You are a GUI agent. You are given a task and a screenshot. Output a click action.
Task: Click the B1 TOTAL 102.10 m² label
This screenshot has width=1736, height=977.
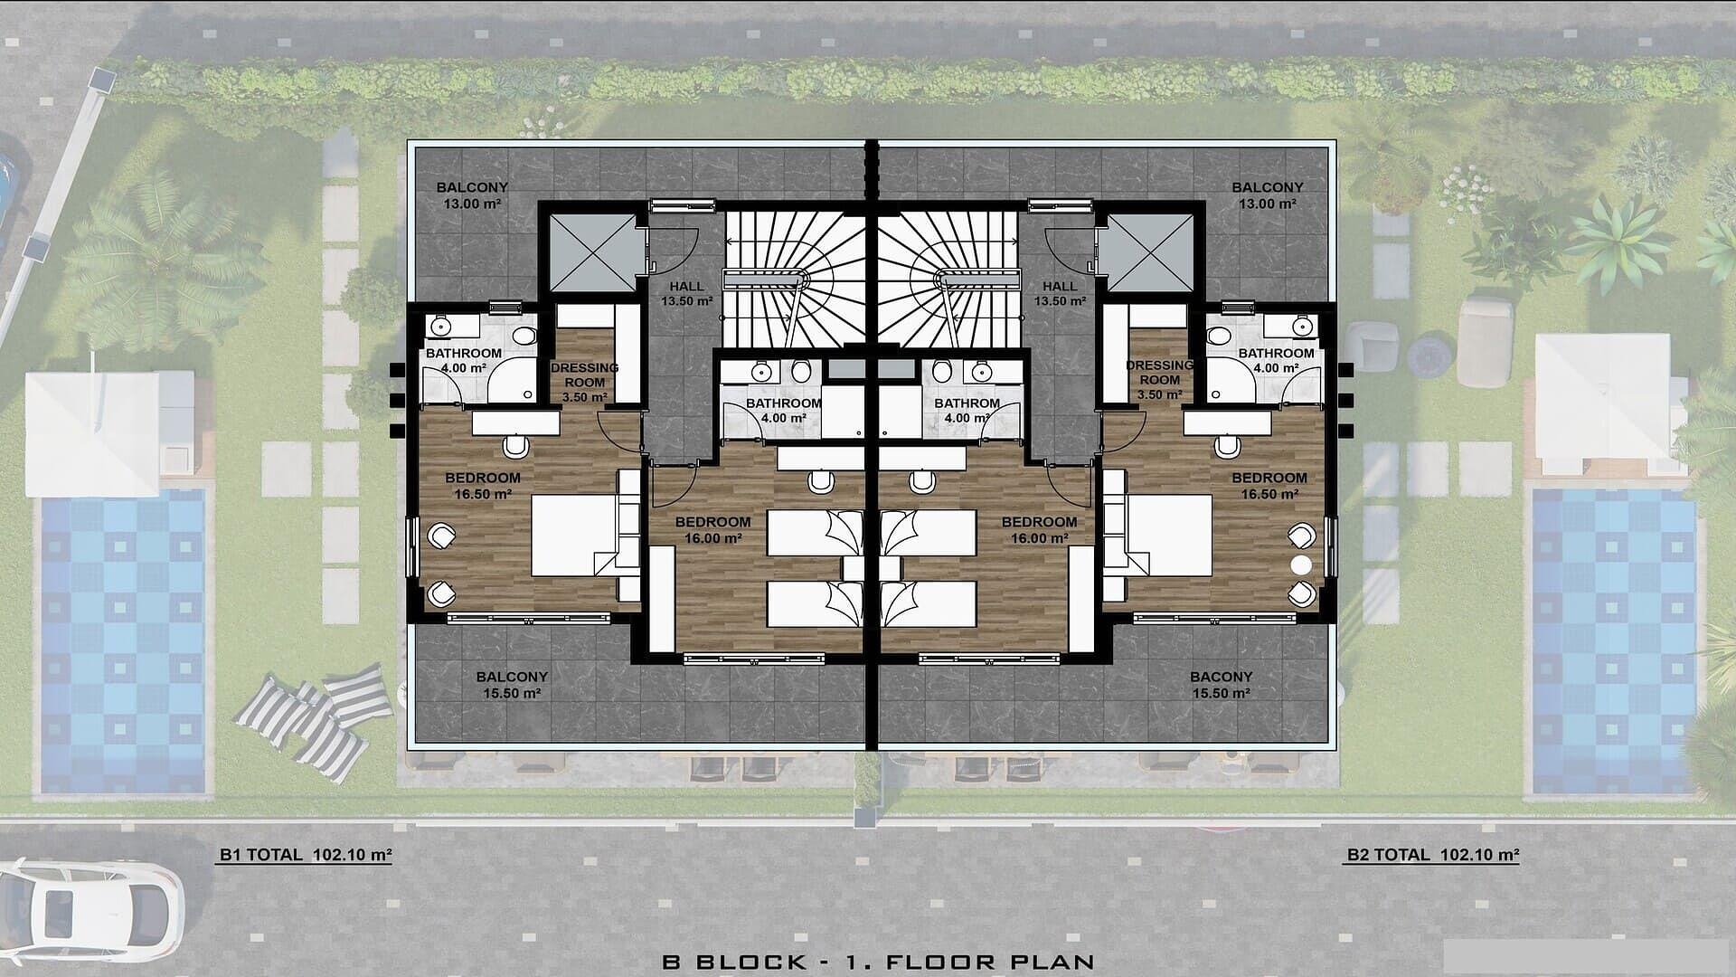pyautogui.click(x=306, y=854)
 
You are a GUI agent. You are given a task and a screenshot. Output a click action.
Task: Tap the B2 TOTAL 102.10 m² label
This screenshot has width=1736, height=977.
pyautogui.click(x=1432, y=854)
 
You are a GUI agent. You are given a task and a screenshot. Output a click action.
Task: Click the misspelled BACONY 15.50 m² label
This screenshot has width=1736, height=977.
pyautogui.click(x=1221, y=685)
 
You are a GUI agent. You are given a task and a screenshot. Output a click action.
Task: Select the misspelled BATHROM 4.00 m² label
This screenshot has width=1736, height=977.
pyautogui.click(x=967, y=411)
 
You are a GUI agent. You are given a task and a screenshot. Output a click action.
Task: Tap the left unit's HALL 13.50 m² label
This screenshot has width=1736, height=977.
pyautogui.click(x=687, y=294)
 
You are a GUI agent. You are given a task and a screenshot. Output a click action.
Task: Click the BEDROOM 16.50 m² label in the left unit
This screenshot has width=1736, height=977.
pyautogui.click(x=483, y=486)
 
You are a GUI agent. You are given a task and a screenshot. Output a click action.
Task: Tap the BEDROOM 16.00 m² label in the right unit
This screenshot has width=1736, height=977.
pyautogui.click(x=1039, y=529)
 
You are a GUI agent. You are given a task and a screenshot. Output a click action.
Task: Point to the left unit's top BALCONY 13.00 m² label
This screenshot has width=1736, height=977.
pyautogui.click(x=472, y=195)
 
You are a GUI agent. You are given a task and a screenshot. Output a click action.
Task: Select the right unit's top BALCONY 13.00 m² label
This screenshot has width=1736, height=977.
pyautogui.click(x=1268, y=195)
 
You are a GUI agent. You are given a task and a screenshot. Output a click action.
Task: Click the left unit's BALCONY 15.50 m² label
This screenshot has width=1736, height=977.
pyautogui.click(x=512, y=685)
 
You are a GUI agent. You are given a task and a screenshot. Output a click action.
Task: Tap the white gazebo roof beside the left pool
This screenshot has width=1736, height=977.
pyautogui.click(x=91, y=434)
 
